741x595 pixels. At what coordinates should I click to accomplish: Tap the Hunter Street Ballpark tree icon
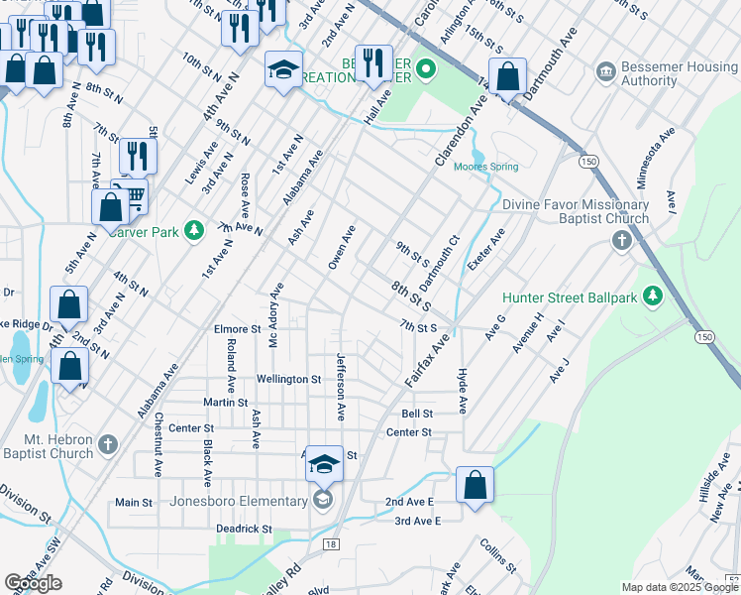(652, 297)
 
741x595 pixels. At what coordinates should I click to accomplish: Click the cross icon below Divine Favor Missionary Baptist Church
(621, 240)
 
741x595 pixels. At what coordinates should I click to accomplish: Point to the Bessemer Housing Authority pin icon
(605, 71)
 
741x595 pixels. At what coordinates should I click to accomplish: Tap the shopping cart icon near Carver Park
(132, 193)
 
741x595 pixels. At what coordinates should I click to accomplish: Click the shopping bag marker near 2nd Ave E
(475, 485)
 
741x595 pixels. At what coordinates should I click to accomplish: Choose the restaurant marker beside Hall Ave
(373, 61)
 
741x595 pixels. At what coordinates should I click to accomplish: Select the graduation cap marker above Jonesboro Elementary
(324, 463)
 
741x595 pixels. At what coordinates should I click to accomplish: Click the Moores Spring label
(485, 167)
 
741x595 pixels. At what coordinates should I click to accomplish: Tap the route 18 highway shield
(330, 543)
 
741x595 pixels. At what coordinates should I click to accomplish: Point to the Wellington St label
(289, 379)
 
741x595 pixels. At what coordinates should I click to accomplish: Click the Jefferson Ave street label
(341, 387)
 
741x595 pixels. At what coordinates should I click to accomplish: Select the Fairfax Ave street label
(427, 360)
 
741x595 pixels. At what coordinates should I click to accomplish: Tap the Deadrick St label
(244, 530)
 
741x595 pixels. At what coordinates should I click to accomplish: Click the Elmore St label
(237, 329)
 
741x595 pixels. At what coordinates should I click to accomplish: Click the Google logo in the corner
(33, 583)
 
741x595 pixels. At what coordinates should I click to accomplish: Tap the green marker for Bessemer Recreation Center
(426, 69)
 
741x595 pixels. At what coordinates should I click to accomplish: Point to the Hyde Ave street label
(462, 391)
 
